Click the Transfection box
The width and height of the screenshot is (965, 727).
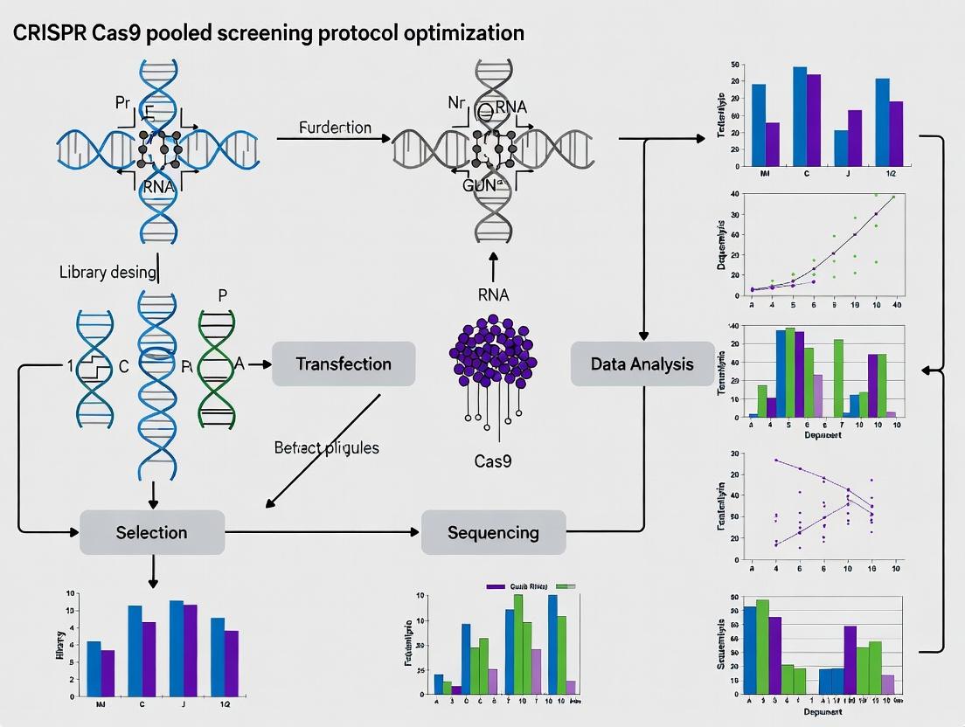coord(344,364)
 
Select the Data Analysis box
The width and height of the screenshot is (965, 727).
coord(642,364)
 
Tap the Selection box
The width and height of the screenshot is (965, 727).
coord(151,532)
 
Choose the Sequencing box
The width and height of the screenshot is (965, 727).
coord(493,532)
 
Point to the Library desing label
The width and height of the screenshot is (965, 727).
coord(108,272)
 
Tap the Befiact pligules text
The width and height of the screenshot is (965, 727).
coord(327,447)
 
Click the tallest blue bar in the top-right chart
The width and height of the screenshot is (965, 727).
coord(800,116)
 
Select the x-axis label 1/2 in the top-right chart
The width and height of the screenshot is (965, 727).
coord(890,174)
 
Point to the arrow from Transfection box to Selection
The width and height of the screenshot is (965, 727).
coord(323,450)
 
